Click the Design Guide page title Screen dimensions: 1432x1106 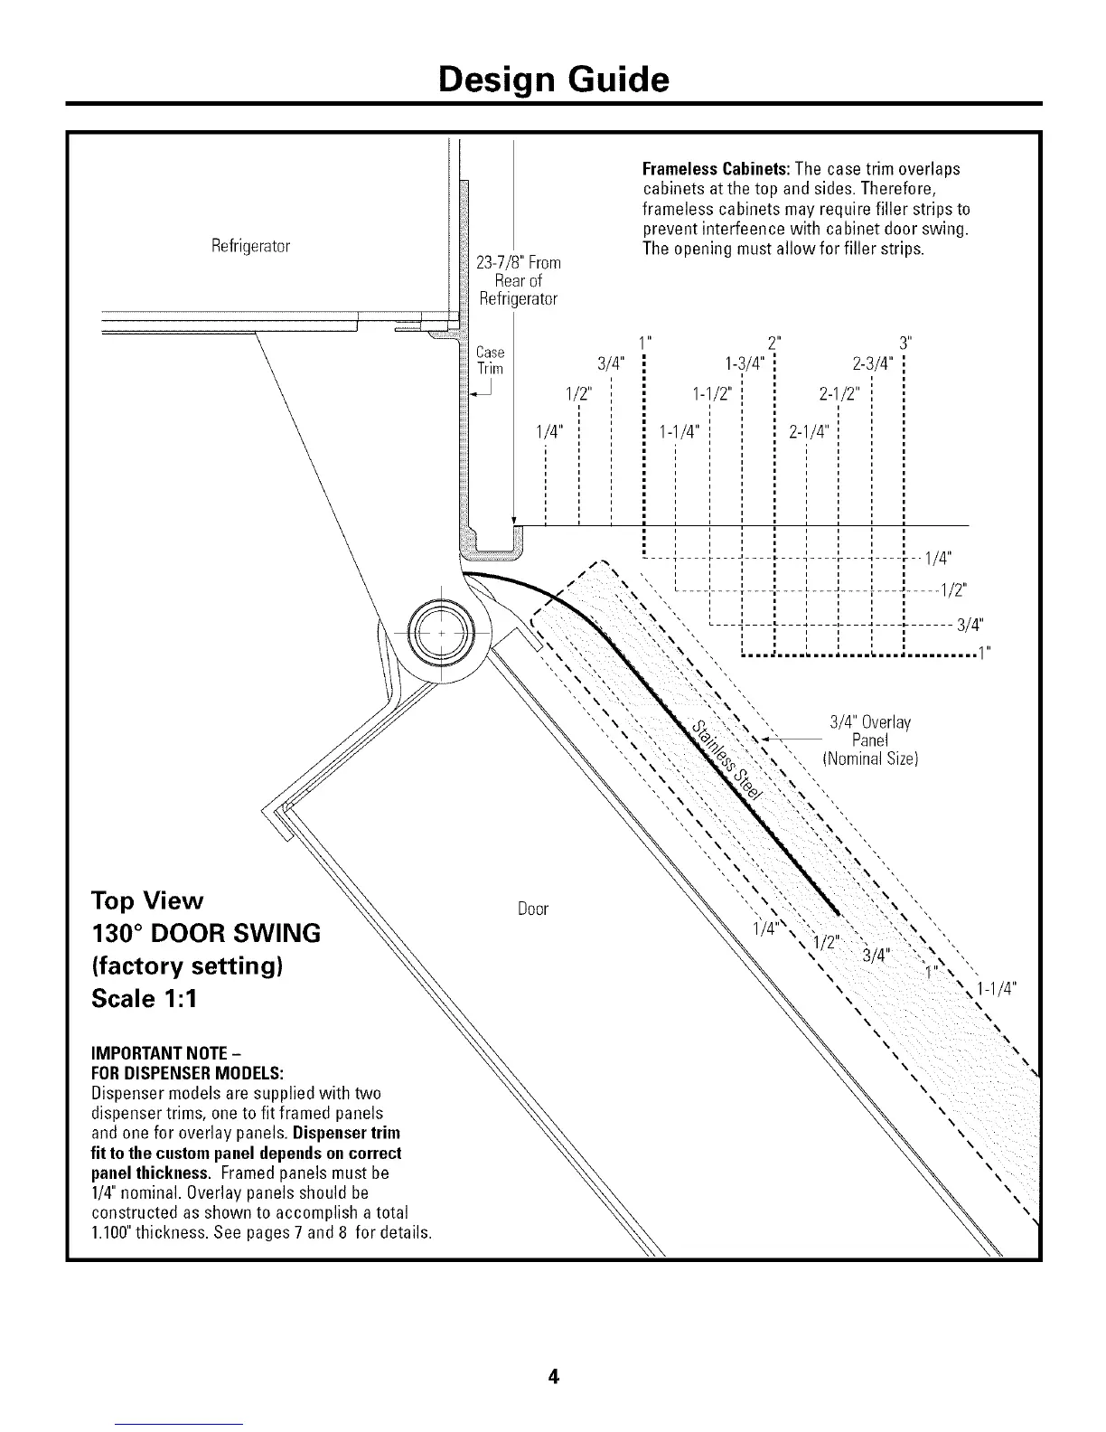coord(553,80)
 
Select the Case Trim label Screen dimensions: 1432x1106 coord(489,360)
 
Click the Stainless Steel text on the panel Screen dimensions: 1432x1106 coord(728,759)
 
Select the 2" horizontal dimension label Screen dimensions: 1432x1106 coord(773,343)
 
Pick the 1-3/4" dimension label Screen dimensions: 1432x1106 coord(745,364)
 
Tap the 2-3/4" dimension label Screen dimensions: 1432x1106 coord(874,364)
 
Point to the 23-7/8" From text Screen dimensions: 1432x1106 coord(518,262)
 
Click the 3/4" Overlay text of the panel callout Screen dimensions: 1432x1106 coord(869,722)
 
